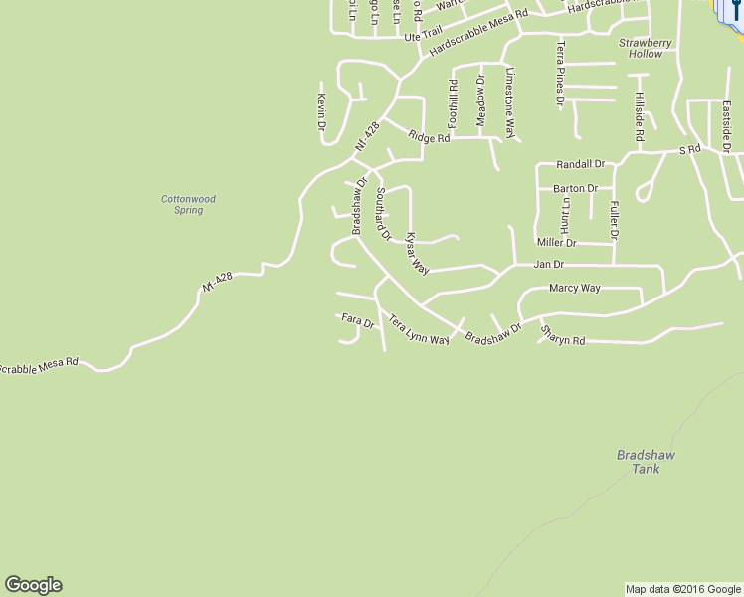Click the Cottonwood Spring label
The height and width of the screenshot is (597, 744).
pyautogui.click(x=188, y=205)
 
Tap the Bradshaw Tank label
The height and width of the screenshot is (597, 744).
pyautogui.click(x=646, y=461)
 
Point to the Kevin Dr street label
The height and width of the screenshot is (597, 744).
pyautogui.click(x=321, y=111)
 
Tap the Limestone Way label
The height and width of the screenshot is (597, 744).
pyautogui.click(x=510, y=104)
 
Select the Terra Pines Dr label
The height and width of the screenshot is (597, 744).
pyautogui.click(x=560, y=75)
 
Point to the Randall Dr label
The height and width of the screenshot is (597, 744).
pyautogui.click(x=580, y=164)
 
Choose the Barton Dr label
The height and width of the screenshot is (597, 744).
pyautogui.click(x=576, y=188)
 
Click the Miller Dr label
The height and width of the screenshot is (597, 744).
pyautogui.click(x=556, y=242)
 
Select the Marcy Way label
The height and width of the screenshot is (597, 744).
pyautogui.click(x=575, y=288)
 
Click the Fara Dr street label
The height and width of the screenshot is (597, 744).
pyautogui.click(x=357, y=321)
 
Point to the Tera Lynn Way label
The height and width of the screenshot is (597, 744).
pyautogui.click(x=419, y=330)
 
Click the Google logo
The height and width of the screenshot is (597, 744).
pyautogui.click(x=33, y=584)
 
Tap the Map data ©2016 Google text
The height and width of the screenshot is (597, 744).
pyautogui.click(x=682, y=589)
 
